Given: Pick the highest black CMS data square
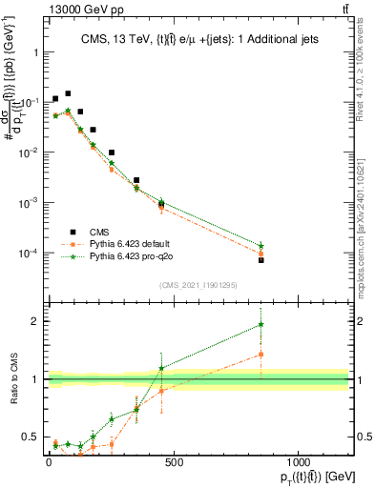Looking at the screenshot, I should (68, 93).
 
